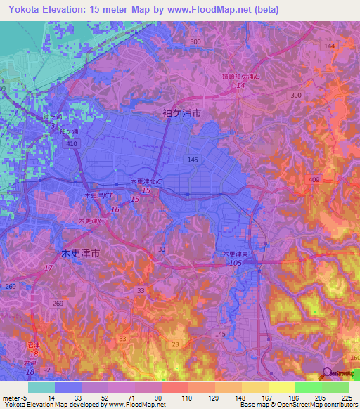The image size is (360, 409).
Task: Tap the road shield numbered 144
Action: (329, 46)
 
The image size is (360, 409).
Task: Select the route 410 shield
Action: (70, 144)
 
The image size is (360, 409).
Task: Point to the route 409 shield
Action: (314, 180)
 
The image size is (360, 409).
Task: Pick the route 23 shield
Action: (175, 344)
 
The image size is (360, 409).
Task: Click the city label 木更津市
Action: (77, 252)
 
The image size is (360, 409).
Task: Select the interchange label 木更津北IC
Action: (147, 181)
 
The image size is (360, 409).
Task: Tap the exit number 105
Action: (235, 262)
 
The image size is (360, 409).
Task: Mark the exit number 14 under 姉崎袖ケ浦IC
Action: (241, 85)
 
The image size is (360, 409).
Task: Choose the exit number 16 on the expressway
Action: (115, 209)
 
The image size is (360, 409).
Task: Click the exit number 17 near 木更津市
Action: (49, 268)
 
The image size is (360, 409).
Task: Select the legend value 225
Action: (345, 397)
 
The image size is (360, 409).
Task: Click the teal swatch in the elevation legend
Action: (41, 387)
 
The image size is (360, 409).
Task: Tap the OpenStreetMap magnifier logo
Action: (326, 372)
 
